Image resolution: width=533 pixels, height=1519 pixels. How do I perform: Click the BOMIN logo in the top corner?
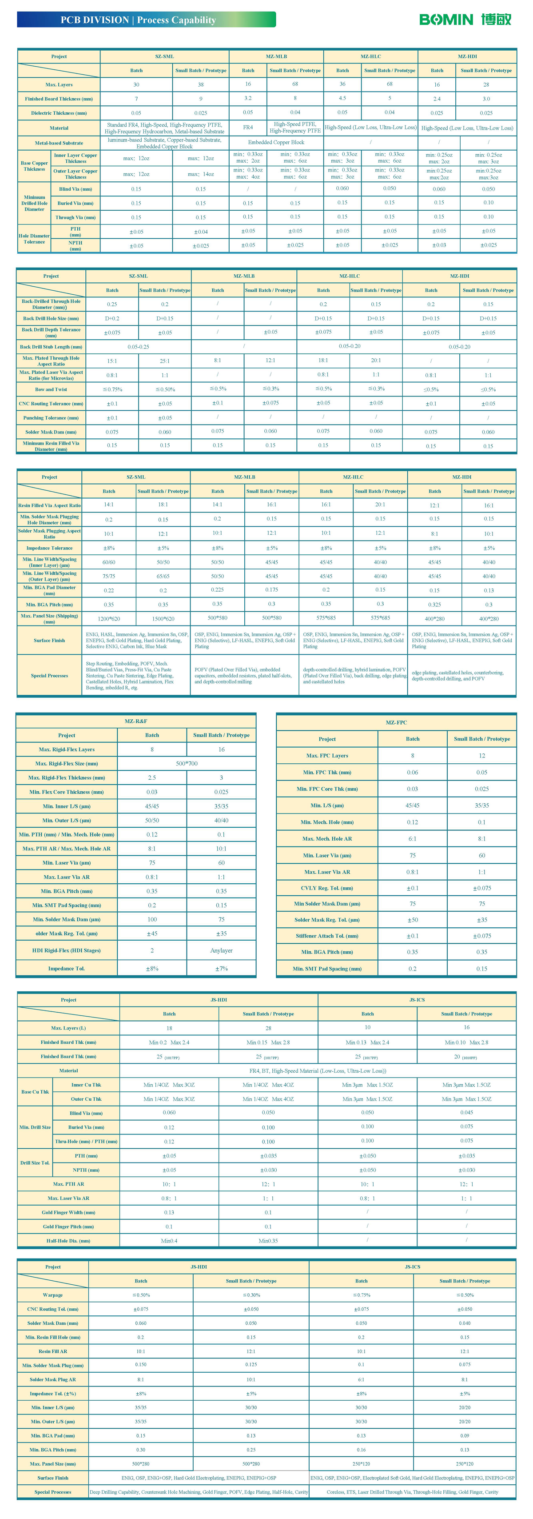(x=465, y=20)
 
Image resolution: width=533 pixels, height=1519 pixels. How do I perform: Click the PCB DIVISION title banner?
(x=146, y=20)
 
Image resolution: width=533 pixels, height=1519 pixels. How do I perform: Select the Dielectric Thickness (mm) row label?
(x=59, y=112)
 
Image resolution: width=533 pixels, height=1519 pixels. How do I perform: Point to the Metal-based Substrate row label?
(x=59, y=143)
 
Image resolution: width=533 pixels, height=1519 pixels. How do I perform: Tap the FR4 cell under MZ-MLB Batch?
(x=248, y=128)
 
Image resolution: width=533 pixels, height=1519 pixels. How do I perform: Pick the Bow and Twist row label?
(x=51, y=389)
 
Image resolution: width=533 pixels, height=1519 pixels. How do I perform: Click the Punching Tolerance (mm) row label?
(x=51, y=417)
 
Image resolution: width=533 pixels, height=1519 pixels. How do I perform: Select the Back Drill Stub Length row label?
(x=51, y=347)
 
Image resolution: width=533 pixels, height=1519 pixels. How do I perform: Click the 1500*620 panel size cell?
(x=163, y=618)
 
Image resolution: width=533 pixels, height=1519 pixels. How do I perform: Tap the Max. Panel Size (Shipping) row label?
(x=49, y=618)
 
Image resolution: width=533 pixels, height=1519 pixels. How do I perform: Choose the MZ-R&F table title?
(x=136, y=721)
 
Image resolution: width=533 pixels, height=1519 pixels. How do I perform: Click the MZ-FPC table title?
(x=396, y=722)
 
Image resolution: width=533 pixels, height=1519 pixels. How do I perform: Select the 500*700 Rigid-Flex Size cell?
(x=187, y=764)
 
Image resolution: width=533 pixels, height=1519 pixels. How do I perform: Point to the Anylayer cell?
(x=222, y=950)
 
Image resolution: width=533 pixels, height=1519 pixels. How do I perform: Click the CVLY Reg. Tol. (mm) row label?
(x=327, y=888)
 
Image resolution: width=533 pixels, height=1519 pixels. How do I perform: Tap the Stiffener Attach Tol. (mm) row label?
(x=327, y=936)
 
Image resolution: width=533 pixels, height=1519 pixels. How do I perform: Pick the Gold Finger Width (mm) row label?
(x=68, y=1212)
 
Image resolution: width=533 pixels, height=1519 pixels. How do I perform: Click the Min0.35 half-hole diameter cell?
(x=268, y=1241)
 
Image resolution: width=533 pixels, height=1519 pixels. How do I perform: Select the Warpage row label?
(x=53, y=1295)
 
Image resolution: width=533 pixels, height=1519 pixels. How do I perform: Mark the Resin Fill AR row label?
(x=53, y=1351)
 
